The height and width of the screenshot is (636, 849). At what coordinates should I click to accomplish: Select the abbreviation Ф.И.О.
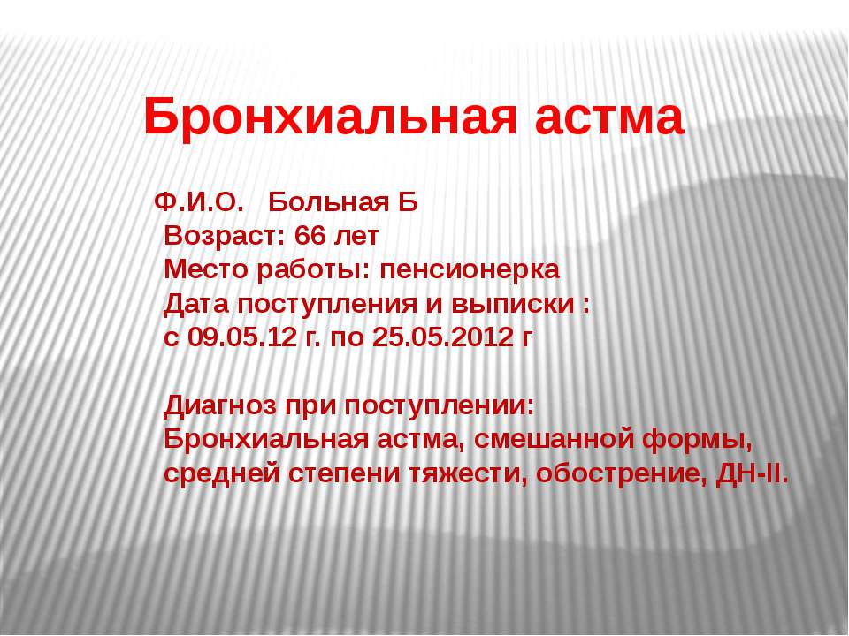tap(197, 203)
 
